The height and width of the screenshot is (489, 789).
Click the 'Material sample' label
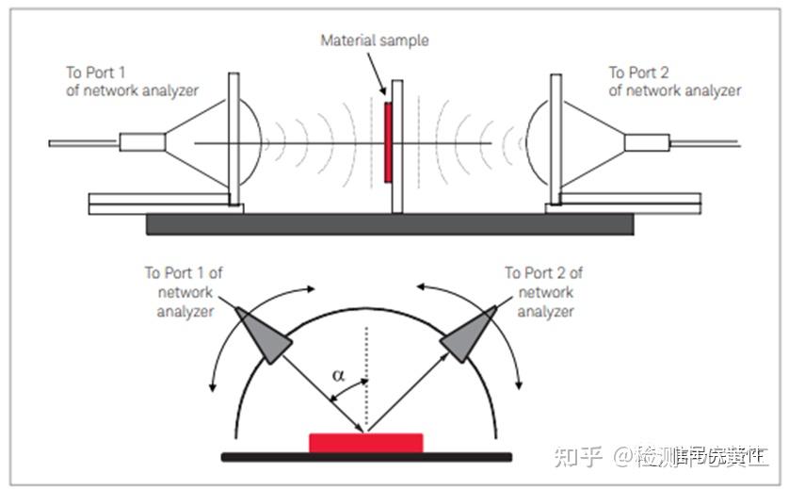click(374, 41)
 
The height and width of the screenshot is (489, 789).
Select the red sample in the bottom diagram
click(365, 442)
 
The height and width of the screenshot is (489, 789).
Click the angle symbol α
click(339, 376)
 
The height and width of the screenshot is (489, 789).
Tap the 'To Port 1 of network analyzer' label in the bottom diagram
click(183, 291)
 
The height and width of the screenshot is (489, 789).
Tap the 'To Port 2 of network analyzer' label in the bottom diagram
click(543, 291)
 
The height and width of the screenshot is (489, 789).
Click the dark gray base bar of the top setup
click(390, 224)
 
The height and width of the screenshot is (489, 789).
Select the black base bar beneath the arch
click(366, 457)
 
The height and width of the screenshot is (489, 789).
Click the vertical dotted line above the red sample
click(366, 377)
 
